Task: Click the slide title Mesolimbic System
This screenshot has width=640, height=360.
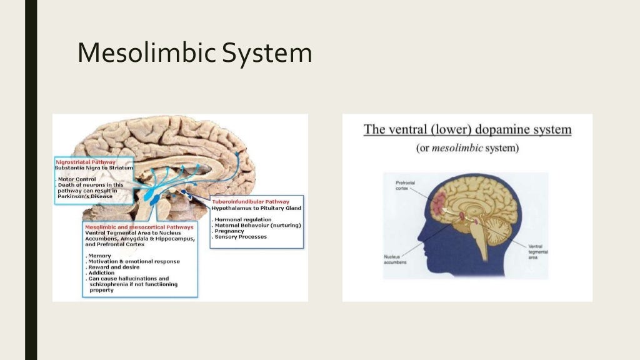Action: tap(194, 53)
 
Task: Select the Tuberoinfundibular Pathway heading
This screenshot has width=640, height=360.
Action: tap(257, 202)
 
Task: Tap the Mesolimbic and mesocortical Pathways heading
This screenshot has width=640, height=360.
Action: tap(139, 227)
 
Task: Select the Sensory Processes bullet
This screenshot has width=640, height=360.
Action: tap(240, 237)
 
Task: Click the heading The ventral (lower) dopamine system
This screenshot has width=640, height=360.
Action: tap(467, 130)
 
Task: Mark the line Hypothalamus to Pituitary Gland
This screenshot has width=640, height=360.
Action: tap(256, 207)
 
